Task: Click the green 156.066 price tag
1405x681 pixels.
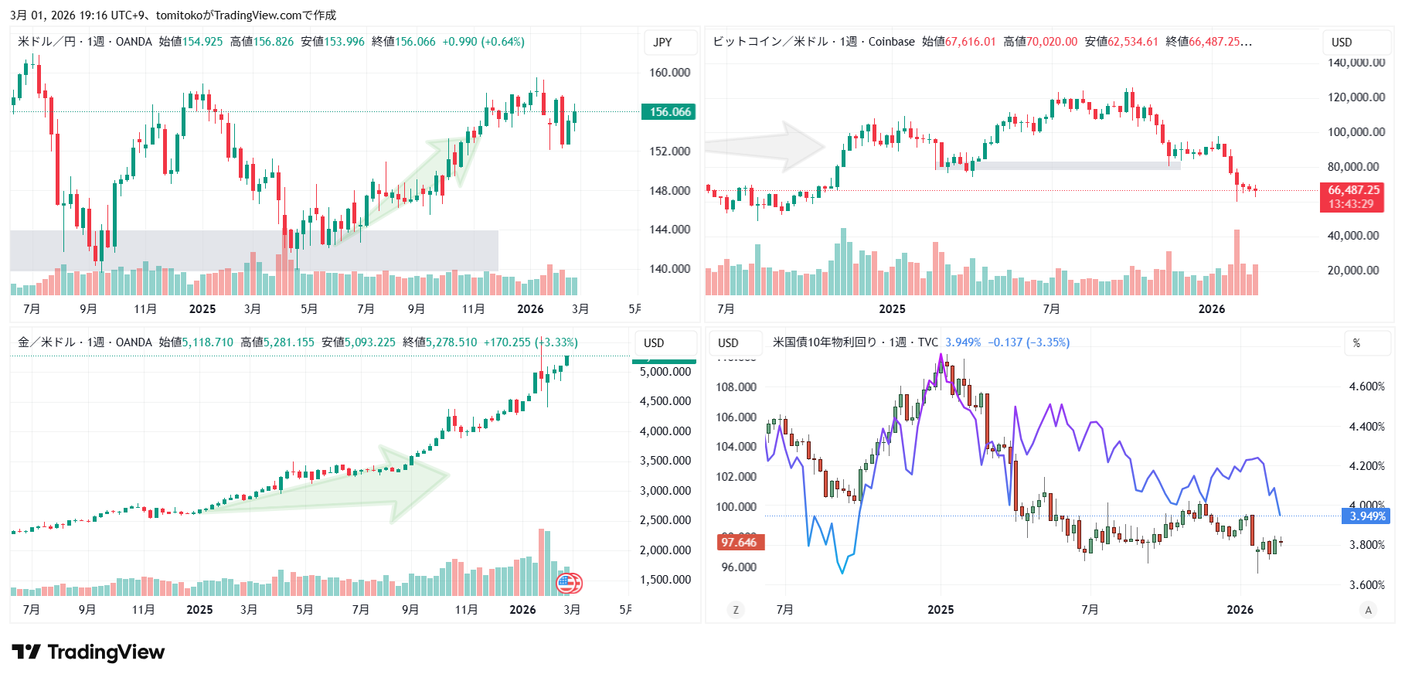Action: tap(668, 112)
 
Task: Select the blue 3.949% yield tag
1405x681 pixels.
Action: tap(1366, 516)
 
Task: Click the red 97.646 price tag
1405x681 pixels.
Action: tap(740, 543)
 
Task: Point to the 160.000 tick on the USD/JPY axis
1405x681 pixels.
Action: tap(669, 73)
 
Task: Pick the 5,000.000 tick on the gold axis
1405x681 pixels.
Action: tap(665, 372)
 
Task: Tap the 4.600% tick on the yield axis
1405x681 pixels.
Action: tap(1366, 386)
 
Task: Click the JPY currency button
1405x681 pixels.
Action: tap(662, 43)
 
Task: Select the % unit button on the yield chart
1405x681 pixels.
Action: tap(1356, 343)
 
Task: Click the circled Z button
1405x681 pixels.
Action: tap(735, 610)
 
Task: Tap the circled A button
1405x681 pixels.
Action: tap(1368, 610)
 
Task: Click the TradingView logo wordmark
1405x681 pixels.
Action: tap(89, 652)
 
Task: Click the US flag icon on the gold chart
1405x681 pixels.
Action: tap(569, 583)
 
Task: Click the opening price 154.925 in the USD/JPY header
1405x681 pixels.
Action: tap(202, 42)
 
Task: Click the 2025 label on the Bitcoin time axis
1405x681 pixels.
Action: tap(892, 309)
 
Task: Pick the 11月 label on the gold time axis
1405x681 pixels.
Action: tap(466, 610)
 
